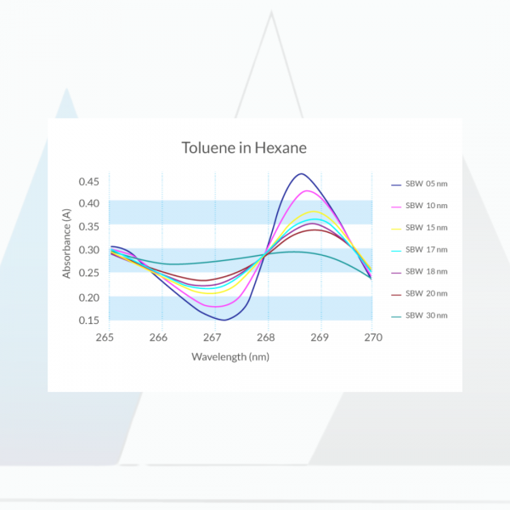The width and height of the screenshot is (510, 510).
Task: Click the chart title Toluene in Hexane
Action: (244, 148)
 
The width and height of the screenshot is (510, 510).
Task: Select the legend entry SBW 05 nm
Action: (419, 184)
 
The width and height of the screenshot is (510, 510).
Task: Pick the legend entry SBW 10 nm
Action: (419, 206)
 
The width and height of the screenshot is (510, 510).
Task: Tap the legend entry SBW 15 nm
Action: (419, 228)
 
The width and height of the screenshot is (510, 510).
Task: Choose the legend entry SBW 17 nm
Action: (419, 250)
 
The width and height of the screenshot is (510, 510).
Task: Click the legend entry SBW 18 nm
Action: (419, 272)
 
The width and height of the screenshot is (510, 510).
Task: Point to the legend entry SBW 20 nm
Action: (419, 294)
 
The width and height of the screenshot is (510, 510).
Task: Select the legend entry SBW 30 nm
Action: (419, 316)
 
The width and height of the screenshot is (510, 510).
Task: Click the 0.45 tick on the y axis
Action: (88, 182)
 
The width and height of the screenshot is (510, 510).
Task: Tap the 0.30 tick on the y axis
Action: (88, 250)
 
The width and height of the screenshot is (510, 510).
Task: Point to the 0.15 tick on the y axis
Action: (88, 320)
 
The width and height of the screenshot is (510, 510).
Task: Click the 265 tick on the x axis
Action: (105, 337)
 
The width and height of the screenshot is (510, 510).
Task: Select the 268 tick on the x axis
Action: (266, 337)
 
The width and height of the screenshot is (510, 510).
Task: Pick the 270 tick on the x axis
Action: (373, 337)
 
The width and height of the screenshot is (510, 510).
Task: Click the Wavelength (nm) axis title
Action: (230, 357)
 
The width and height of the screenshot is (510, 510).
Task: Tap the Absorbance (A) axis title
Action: (66, 244)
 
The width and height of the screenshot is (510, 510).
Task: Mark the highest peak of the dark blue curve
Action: (302, 173)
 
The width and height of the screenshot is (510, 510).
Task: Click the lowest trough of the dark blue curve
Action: (224, 320)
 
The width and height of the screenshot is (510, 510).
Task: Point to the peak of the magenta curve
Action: (307, 190)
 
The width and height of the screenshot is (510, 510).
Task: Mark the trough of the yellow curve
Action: (211, 293)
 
